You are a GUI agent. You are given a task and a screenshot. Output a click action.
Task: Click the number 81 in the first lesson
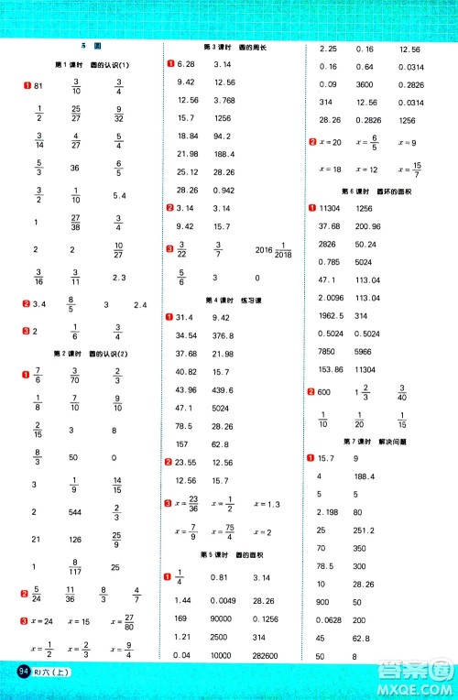point(38,85)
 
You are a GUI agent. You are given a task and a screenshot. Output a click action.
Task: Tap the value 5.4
point(119,196)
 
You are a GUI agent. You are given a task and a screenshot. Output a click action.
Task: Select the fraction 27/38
point(77,222)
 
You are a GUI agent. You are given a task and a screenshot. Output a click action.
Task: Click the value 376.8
point(224,335)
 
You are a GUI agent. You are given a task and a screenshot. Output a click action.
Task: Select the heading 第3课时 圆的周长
point(226,48)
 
